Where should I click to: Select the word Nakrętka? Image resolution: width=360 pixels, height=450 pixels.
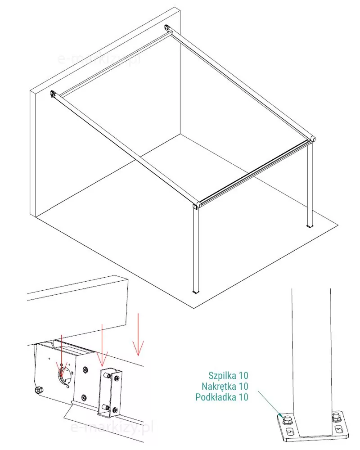coord(219,386)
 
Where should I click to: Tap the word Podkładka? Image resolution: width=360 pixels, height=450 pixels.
coord(216,397)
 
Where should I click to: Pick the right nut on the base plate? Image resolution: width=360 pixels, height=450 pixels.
coord(336,417)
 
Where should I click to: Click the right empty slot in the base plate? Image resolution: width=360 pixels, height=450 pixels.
coord(338,429)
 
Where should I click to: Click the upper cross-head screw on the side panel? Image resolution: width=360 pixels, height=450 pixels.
coord(85,369)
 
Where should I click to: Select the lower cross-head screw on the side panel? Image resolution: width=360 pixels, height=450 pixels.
coord(84,397)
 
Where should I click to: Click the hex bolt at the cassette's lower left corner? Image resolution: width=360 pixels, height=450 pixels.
coord(38,390)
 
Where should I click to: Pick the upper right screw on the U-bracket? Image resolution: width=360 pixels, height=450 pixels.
coord(117,379)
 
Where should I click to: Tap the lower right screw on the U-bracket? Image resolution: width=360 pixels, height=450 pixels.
coord(115,410)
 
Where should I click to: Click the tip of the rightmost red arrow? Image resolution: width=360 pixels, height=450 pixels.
coord(138,356)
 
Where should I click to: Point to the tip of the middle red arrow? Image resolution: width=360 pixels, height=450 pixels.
coord(102,366)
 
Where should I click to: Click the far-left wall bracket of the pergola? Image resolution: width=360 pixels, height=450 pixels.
coord(53,94)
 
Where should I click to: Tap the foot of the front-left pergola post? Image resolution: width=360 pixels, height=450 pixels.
coord(196,292)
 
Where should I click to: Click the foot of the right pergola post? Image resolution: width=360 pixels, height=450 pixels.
coord(309,226)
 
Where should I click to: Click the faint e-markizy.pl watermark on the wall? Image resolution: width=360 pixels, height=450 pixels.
coord(99,59)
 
